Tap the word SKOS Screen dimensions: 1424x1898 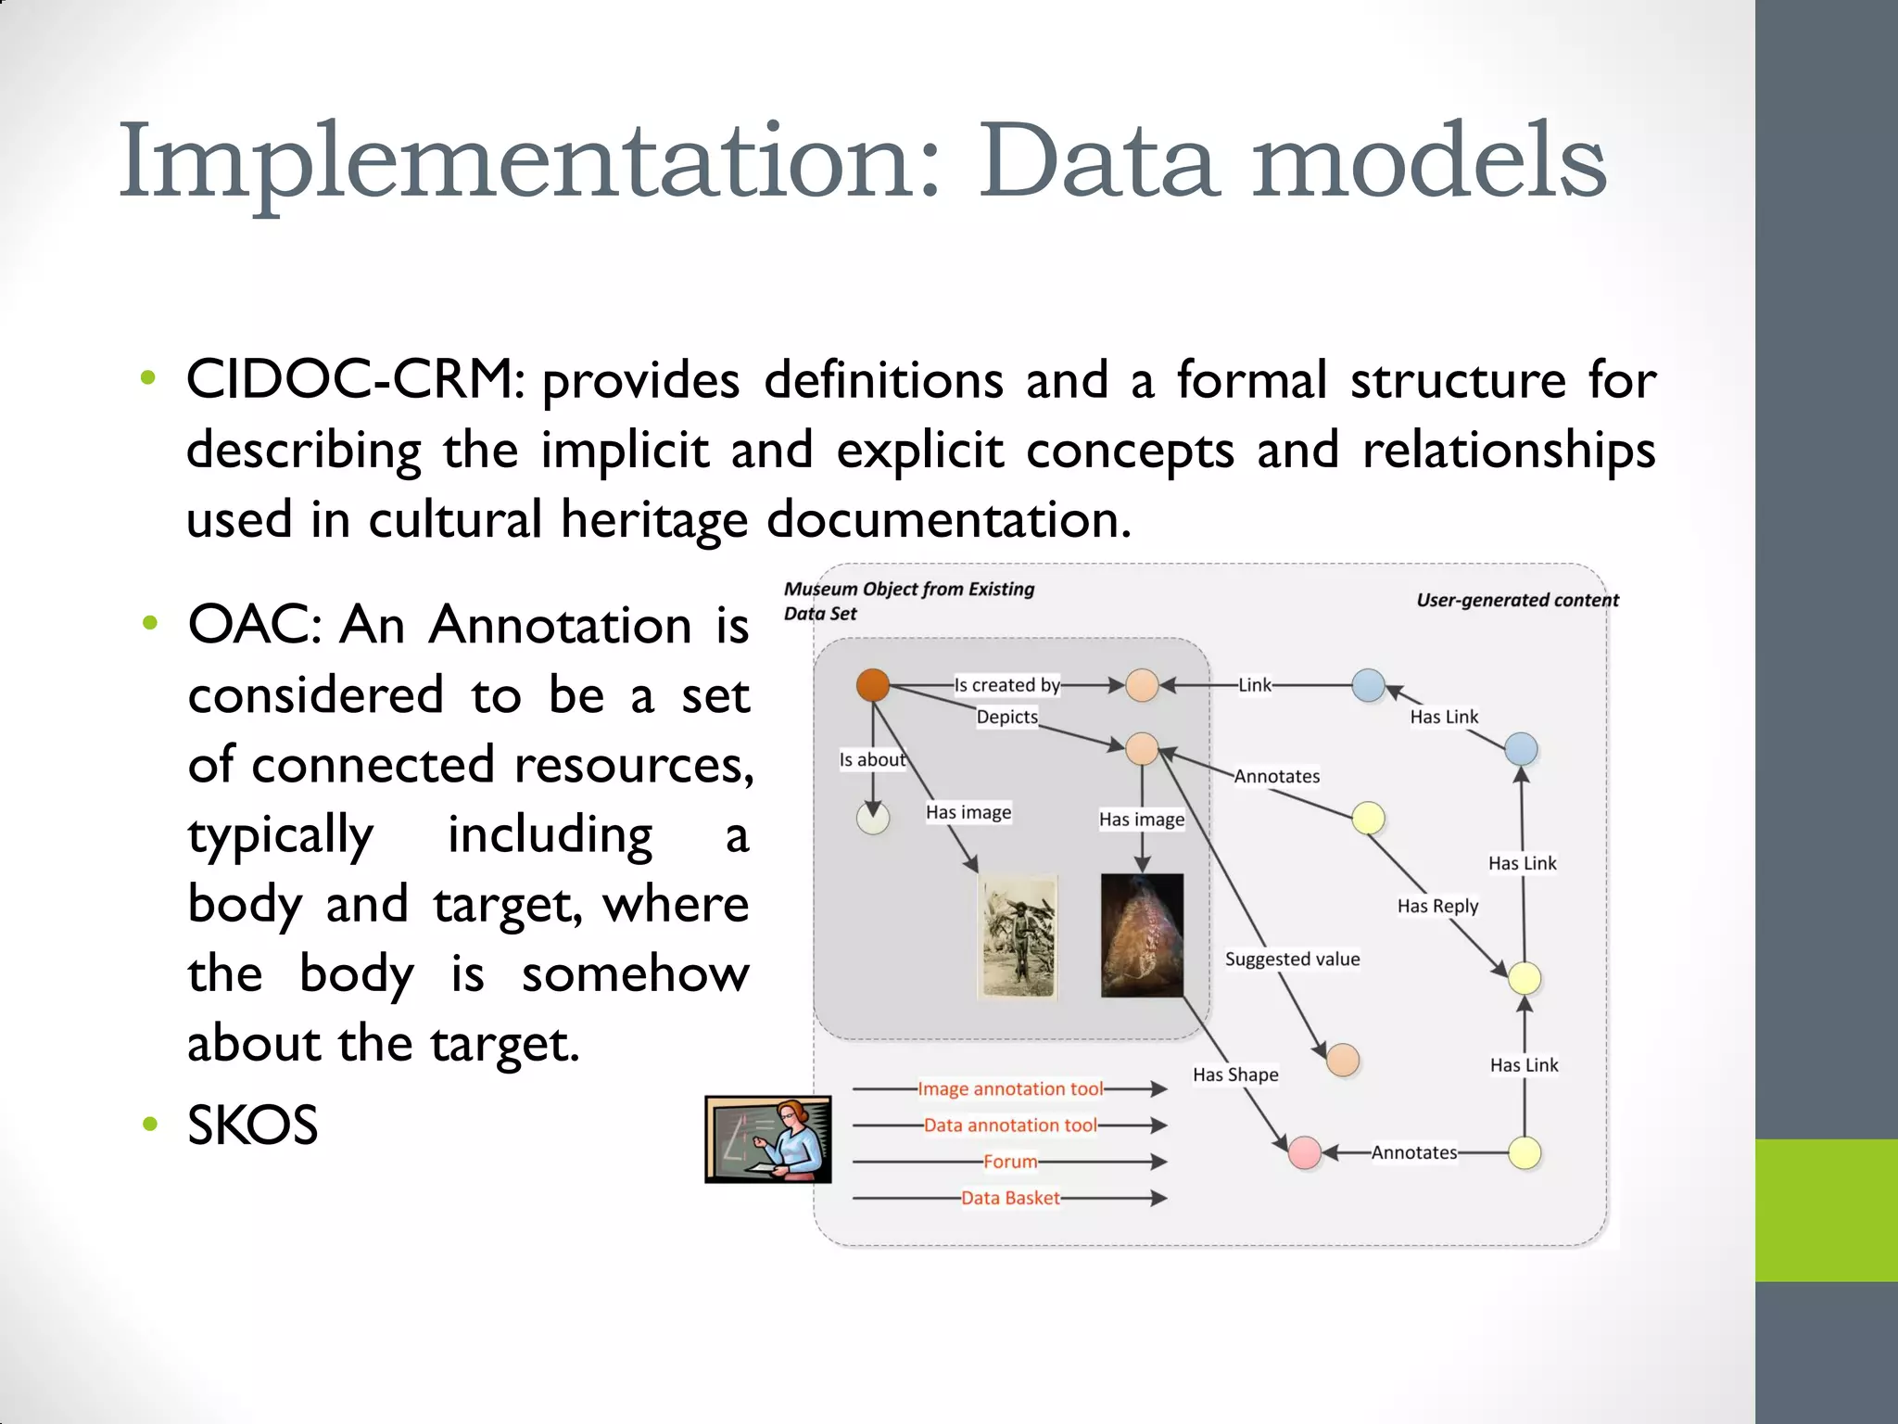252,1125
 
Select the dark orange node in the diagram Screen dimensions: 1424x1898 873,685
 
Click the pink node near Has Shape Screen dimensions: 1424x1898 1305,1152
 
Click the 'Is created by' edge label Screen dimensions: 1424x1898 1007,685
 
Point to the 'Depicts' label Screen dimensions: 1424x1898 1007,717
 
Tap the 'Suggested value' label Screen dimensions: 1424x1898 1292,959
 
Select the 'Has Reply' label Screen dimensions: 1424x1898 1437,906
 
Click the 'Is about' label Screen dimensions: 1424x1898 871,759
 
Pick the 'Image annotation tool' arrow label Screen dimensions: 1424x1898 1010,1088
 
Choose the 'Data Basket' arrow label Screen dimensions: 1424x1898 1010,1198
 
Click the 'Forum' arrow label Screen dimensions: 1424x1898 1010,1162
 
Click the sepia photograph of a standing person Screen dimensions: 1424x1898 1019,936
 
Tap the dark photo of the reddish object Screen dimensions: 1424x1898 1142,934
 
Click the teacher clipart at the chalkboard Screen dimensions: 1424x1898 768,1139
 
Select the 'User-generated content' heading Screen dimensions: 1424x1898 1517,600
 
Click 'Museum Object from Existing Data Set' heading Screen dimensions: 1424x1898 908,600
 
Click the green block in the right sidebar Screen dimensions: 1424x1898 1826,1210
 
